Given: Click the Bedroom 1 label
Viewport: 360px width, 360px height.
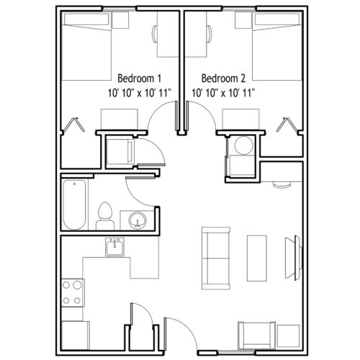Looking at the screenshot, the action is tap(139, 78).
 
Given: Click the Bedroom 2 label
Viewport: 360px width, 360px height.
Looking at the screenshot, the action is tap(223, 78).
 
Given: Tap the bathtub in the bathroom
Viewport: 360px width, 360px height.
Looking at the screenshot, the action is tap(74, 204).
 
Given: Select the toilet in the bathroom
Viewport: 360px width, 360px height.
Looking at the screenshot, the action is tap(105, 216).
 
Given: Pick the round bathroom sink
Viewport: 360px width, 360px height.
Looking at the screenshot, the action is tap(138, 220).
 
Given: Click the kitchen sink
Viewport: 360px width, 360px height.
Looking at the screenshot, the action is tap(114, 247).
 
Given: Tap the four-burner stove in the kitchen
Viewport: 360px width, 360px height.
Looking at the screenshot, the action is tap(73, 292).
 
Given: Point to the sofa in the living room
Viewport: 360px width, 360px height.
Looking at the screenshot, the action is tap(216, 258).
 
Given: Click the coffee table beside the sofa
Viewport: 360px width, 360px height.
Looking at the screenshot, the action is tap(257, 258).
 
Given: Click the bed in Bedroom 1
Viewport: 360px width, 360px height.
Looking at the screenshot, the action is tap(86, 47).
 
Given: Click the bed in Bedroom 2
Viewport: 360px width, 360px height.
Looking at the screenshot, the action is tap(276, 47).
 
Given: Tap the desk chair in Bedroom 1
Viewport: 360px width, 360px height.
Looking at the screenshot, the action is tap(155, 34).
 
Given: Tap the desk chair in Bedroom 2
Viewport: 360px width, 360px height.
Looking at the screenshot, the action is tap(210, 34).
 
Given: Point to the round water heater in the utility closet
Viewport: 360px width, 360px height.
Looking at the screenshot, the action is tap(243, 145).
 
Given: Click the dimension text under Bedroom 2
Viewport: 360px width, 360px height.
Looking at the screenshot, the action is tap(223, 93).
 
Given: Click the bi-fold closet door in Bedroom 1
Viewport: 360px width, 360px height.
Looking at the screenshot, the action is tap(73, 125).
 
